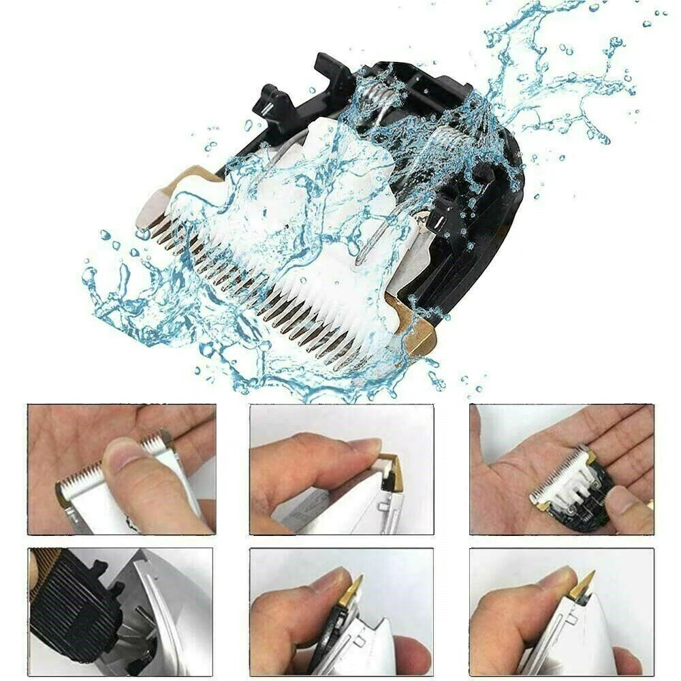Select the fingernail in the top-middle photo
point(364,447)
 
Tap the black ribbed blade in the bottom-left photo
point(75,606)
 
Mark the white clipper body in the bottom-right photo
point(586,640)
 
